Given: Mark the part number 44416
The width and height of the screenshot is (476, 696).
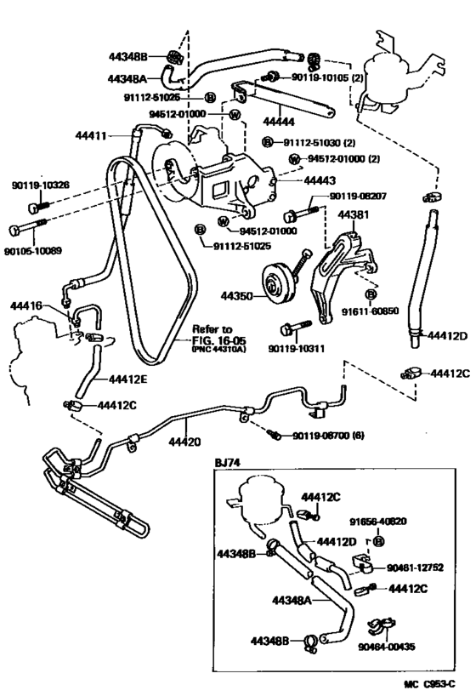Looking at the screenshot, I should click(x=26, y=304).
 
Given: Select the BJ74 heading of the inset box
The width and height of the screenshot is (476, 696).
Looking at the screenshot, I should click(x=228, y=462).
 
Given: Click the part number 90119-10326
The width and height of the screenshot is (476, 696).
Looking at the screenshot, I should click(x=41, y=185).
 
